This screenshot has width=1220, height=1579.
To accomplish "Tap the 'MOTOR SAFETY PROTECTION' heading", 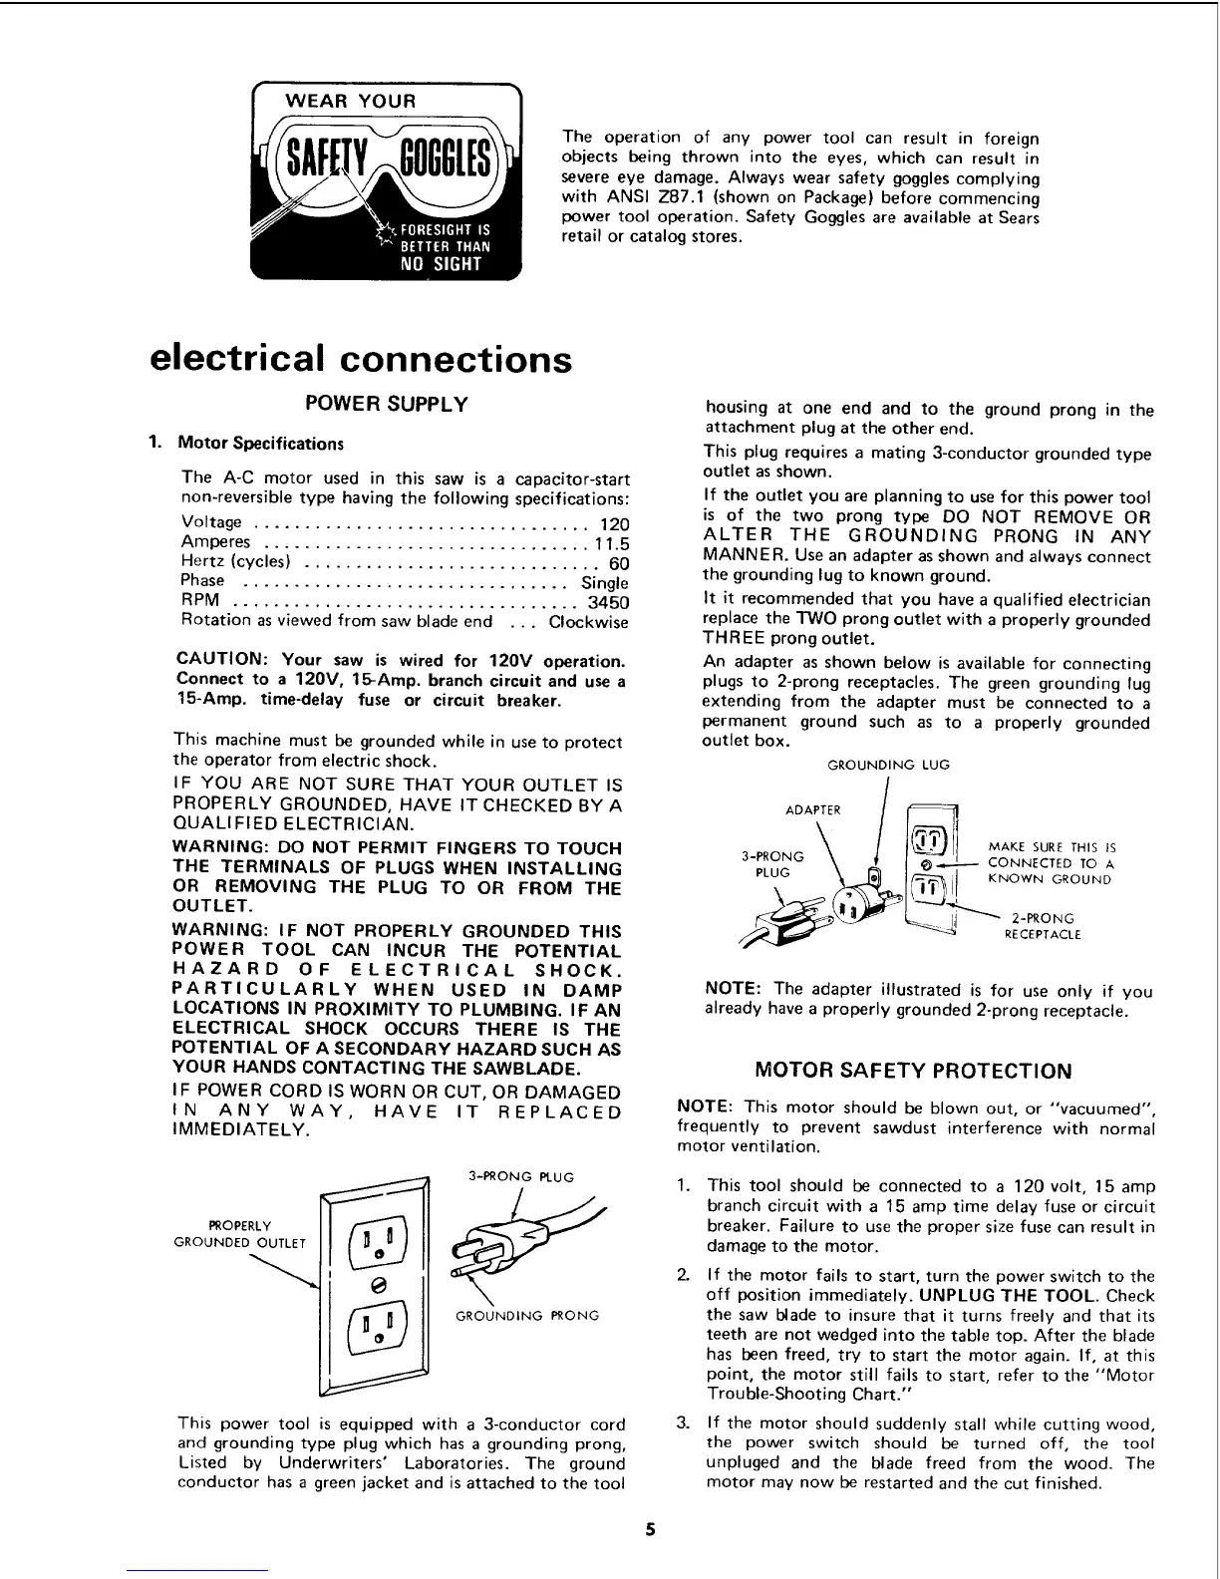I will click(x=913, y=1072).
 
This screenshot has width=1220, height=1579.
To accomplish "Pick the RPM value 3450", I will click(x=608, y=602).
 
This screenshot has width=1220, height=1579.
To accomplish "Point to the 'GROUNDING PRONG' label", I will click(x=527, y=1316).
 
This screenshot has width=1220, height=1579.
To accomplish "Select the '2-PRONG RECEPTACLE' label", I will click(x=1042, y=926).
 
